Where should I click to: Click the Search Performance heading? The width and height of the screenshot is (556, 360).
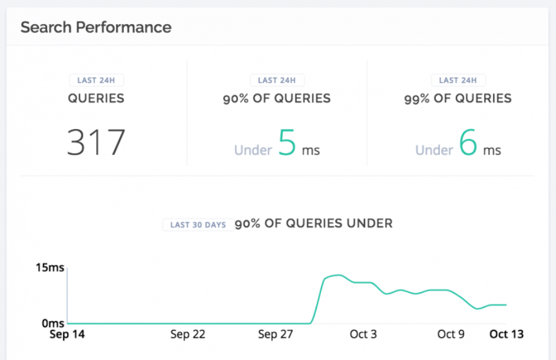pyautogui.click(x=95, y=27)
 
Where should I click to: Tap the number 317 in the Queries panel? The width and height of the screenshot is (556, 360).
pyautogui.click(x=96, y=142)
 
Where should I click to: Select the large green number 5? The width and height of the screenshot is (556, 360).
pyautogui.click(x=287, y=142)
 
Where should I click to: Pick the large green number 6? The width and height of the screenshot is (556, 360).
pyautogui.click(x=468, y=142)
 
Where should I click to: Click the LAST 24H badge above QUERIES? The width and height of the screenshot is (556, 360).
pyautogui.click(x=96, y=80)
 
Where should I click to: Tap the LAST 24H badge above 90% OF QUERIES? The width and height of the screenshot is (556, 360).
pyautogui.click(x=277, y=80)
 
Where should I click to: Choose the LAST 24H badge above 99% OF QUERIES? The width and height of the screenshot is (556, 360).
pyautogui.click(x=458, y=80)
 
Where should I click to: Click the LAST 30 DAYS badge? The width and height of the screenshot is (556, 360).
pyautogui.click(x=198, y=225)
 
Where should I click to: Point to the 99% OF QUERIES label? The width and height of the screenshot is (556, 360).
pyautogui.click(x=457, y=98)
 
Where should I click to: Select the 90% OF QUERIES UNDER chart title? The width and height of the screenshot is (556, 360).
pyautogui.click(x=314, y=223)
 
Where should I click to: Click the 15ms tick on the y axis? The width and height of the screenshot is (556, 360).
pyautogui.click(x=50, y=268)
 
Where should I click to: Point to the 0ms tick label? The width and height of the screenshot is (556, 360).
pyautogui.click(x=53, y=323)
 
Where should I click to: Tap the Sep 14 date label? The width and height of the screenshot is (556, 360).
pyautogui.click(x=67, y=334)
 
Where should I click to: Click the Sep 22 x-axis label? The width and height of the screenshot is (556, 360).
pyautogui.click(x=188, y=334)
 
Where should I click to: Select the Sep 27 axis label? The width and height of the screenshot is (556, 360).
pyautogui.click(x=276, y=334)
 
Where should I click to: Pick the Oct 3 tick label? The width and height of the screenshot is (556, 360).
pyautogui.click(x=363, y=334)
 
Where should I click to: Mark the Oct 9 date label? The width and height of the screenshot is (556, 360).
pyautogui.click(x=451, y=334)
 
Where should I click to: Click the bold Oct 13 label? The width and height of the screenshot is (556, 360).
pyautogui.click(x=506, y=334)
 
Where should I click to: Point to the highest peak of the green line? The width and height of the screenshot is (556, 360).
pyautogui.click(x=338, y=275)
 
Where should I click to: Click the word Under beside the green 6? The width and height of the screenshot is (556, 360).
pyautogui.click(x=435, y=150)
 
